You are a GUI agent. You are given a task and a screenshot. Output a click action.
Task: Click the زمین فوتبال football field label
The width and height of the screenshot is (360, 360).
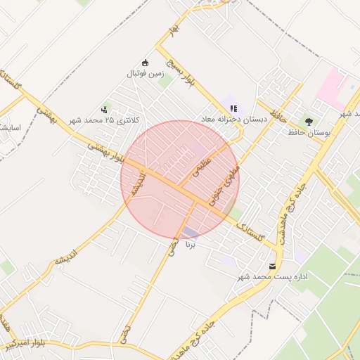(x=145, y=73)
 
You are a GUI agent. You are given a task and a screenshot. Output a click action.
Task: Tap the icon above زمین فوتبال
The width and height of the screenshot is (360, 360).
(x=146, y=63)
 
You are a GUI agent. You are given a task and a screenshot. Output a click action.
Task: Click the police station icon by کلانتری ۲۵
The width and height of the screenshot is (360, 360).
(x=105, y=109)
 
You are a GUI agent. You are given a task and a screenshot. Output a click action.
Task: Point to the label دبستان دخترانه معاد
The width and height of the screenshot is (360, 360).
(x=234, y=120)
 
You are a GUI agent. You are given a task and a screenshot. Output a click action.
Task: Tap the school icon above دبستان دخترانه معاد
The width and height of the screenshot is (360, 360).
(x=233, y=108)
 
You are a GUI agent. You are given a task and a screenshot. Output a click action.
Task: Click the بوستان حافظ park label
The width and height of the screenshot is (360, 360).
(x=309, y=131)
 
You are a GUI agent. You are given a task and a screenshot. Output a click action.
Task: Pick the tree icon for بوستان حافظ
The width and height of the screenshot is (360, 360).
(x=309, y=121)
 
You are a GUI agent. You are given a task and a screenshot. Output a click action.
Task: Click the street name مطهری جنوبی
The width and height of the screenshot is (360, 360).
(x=226, y=181)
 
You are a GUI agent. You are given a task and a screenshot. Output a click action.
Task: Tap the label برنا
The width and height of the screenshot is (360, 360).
(x=189, y=245)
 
